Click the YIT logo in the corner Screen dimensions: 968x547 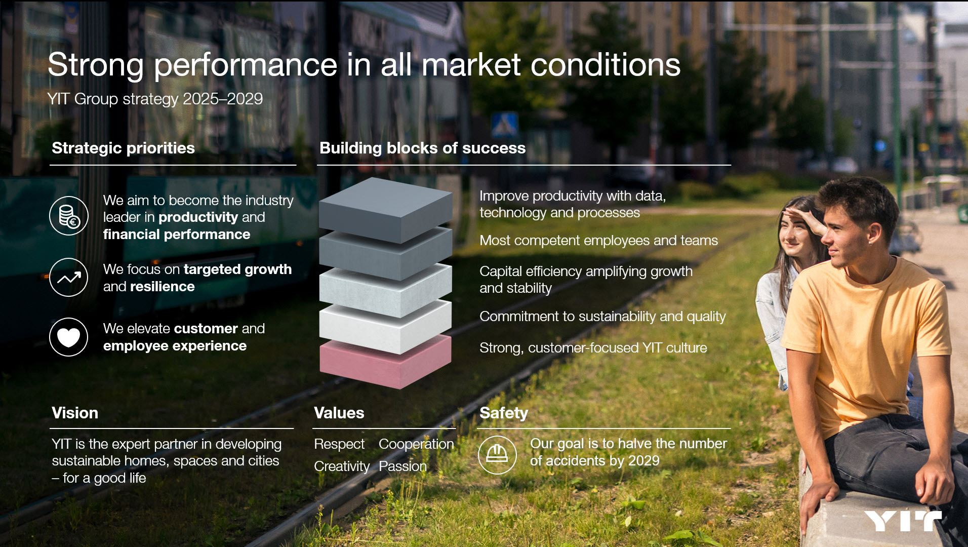point(902,521)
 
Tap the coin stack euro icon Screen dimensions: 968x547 point(69,216)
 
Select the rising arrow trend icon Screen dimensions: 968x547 point(69,278)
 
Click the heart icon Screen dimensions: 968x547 point(69,337)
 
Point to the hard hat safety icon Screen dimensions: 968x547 point(497,454)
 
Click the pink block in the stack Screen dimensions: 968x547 point(385,361)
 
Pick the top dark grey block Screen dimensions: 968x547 point(385,209)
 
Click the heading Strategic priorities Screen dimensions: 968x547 point(123,148)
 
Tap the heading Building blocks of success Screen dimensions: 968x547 point(422,148)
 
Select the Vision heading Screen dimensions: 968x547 point(75,413)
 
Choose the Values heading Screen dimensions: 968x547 point(339,413)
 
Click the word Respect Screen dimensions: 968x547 point(339,444)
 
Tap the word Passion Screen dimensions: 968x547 point(402,466)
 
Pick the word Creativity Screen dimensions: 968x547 point(342,466)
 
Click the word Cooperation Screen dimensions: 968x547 point(416,444)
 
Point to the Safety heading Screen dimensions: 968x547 point(503,413)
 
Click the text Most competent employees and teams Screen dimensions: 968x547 point(598,241)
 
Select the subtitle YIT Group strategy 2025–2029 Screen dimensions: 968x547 point(155,99)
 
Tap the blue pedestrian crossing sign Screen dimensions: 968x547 point(504,125)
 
